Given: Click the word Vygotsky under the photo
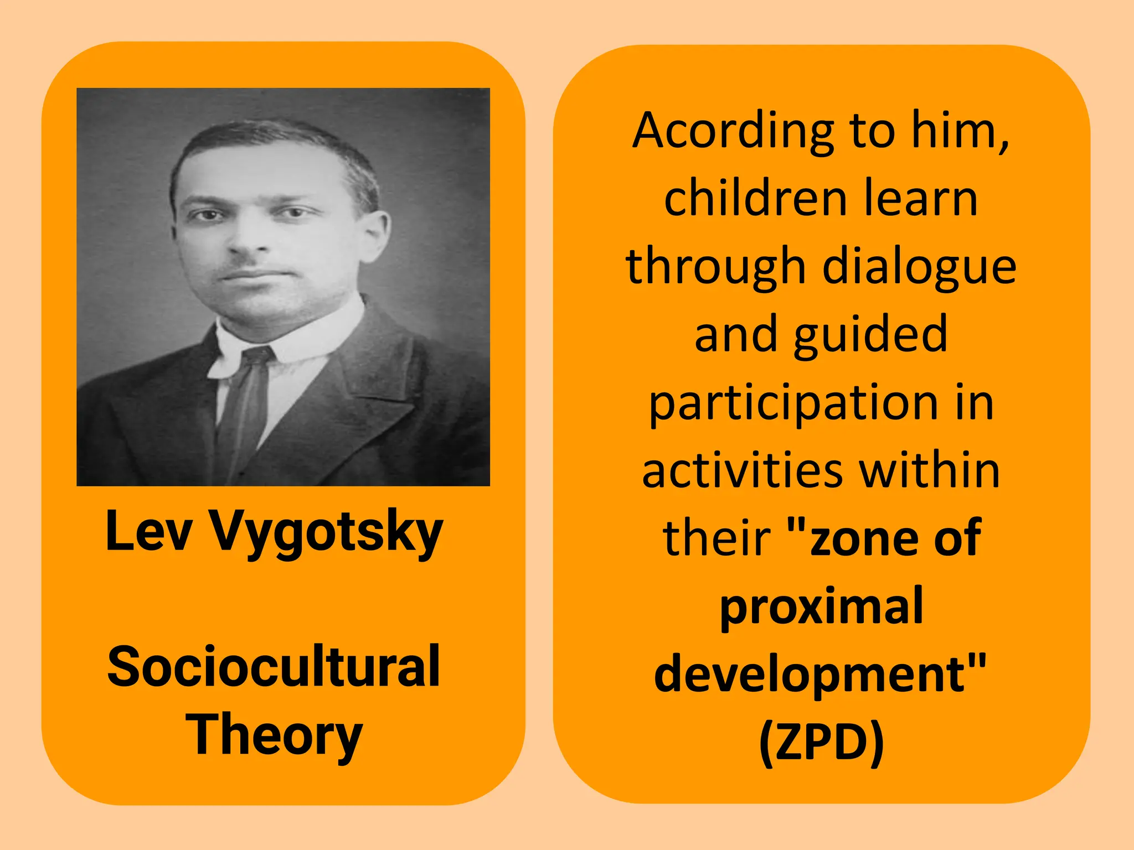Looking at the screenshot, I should tap(327, 532).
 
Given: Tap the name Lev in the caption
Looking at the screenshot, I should tap(149, 531).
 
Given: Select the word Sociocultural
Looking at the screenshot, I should tap(274, 666).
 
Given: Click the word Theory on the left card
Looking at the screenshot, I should tap(274, 735).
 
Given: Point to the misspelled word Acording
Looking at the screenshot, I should tap(733, 132).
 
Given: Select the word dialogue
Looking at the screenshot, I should tap(919, 267).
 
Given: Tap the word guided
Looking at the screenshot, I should tap(870, 335).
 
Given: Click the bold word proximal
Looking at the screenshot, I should tap(821, 607).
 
